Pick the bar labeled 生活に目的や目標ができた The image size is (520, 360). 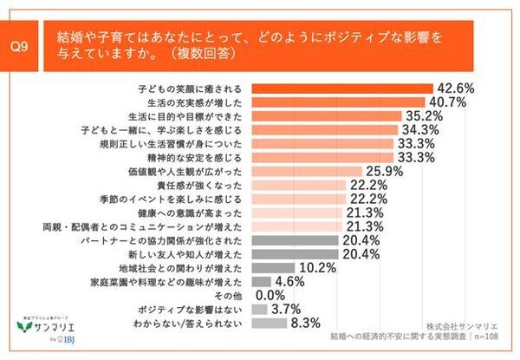click(x=325, y=115)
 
